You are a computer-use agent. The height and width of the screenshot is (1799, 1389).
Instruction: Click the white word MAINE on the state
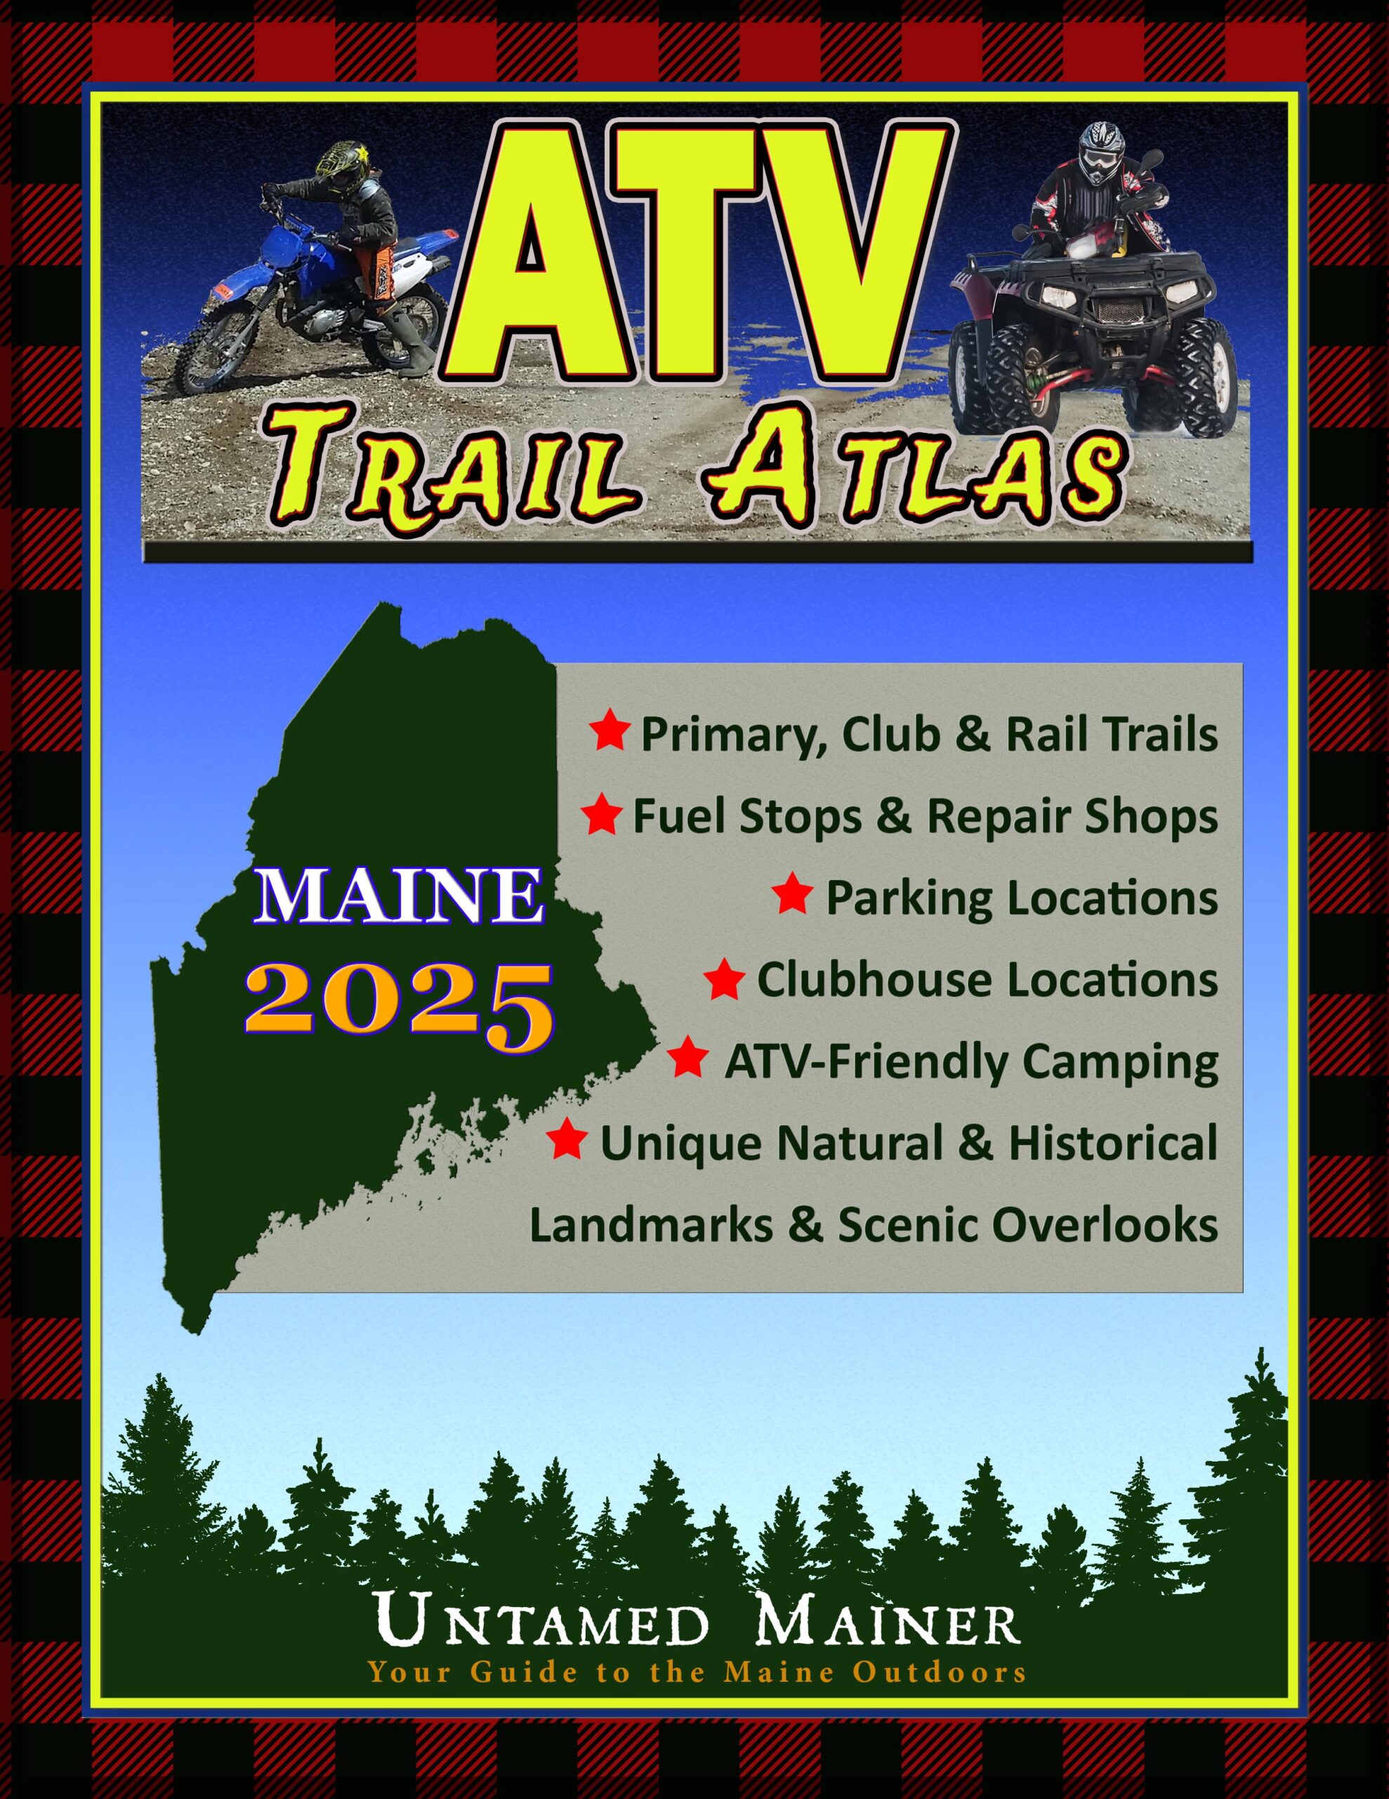click(396, 898)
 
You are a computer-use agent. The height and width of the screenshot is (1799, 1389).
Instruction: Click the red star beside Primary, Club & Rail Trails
click(610, 734)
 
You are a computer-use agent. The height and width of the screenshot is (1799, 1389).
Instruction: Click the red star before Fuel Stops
click(602, 815)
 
